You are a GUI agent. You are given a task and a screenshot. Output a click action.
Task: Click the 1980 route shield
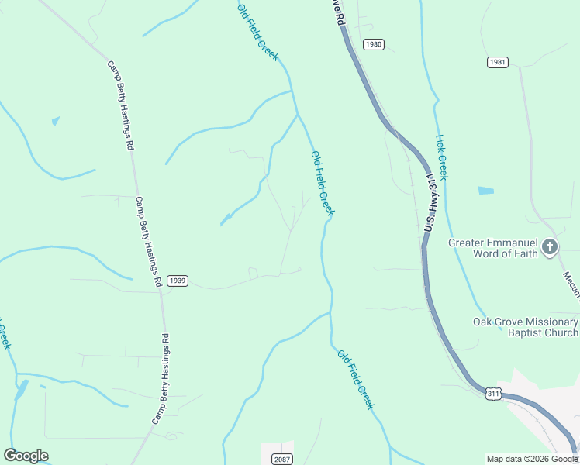point(374,44)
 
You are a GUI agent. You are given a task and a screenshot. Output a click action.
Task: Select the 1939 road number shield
point(178,281)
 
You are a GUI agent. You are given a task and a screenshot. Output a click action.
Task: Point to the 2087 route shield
point(282,460)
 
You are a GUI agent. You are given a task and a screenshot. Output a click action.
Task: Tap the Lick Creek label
point(442,157)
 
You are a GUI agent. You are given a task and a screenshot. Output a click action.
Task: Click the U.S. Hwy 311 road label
point(432,203)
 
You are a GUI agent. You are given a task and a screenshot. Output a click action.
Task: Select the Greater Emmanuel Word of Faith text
point(493,248)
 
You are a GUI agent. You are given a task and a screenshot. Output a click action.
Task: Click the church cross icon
point(550,247)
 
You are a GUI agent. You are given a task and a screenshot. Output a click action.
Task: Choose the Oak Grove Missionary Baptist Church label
point(526,327)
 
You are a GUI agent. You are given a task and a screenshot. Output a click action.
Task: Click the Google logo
point(26,456)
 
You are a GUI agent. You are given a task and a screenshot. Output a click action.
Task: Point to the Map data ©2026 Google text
point(532,459)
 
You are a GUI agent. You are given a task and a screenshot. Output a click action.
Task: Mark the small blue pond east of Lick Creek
point(486,190)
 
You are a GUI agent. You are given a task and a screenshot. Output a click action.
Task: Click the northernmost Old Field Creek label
point(258,33)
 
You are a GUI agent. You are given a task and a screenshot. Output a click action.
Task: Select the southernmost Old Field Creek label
point(356,379)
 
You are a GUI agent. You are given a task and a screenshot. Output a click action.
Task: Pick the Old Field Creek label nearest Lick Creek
point(323,183)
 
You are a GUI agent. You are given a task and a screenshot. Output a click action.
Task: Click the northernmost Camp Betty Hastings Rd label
point(121,105)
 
